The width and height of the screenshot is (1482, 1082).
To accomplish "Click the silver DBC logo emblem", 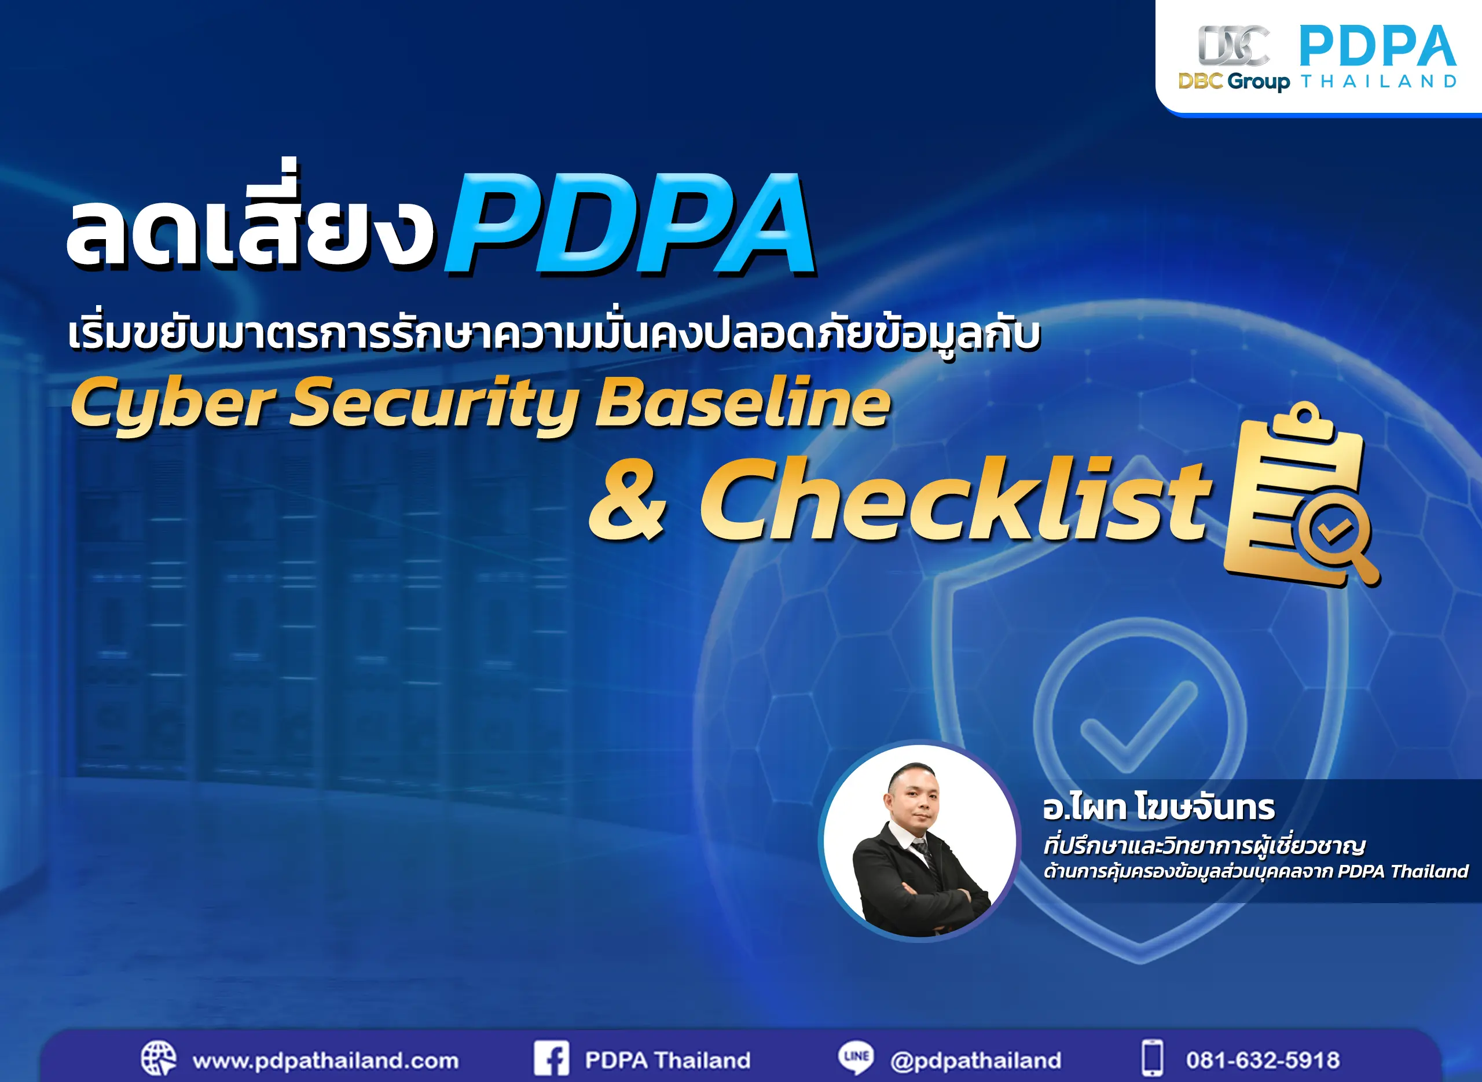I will click(1233, 46).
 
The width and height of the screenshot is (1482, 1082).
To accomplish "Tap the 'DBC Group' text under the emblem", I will click(1234, 82).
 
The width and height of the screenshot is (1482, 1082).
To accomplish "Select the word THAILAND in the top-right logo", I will click(1378, 82).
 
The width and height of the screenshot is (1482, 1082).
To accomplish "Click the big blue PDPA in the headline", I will click(630, 224).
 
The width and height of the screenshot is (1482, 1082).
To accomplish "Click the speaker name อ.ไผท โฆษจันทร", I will click(1158, 808).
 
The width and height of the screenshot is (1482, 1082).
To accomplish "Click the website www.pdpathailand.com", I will click(325, 1061).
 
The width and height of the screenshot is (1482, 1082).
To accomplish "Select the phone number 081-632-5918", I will click(1263, 1061).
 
